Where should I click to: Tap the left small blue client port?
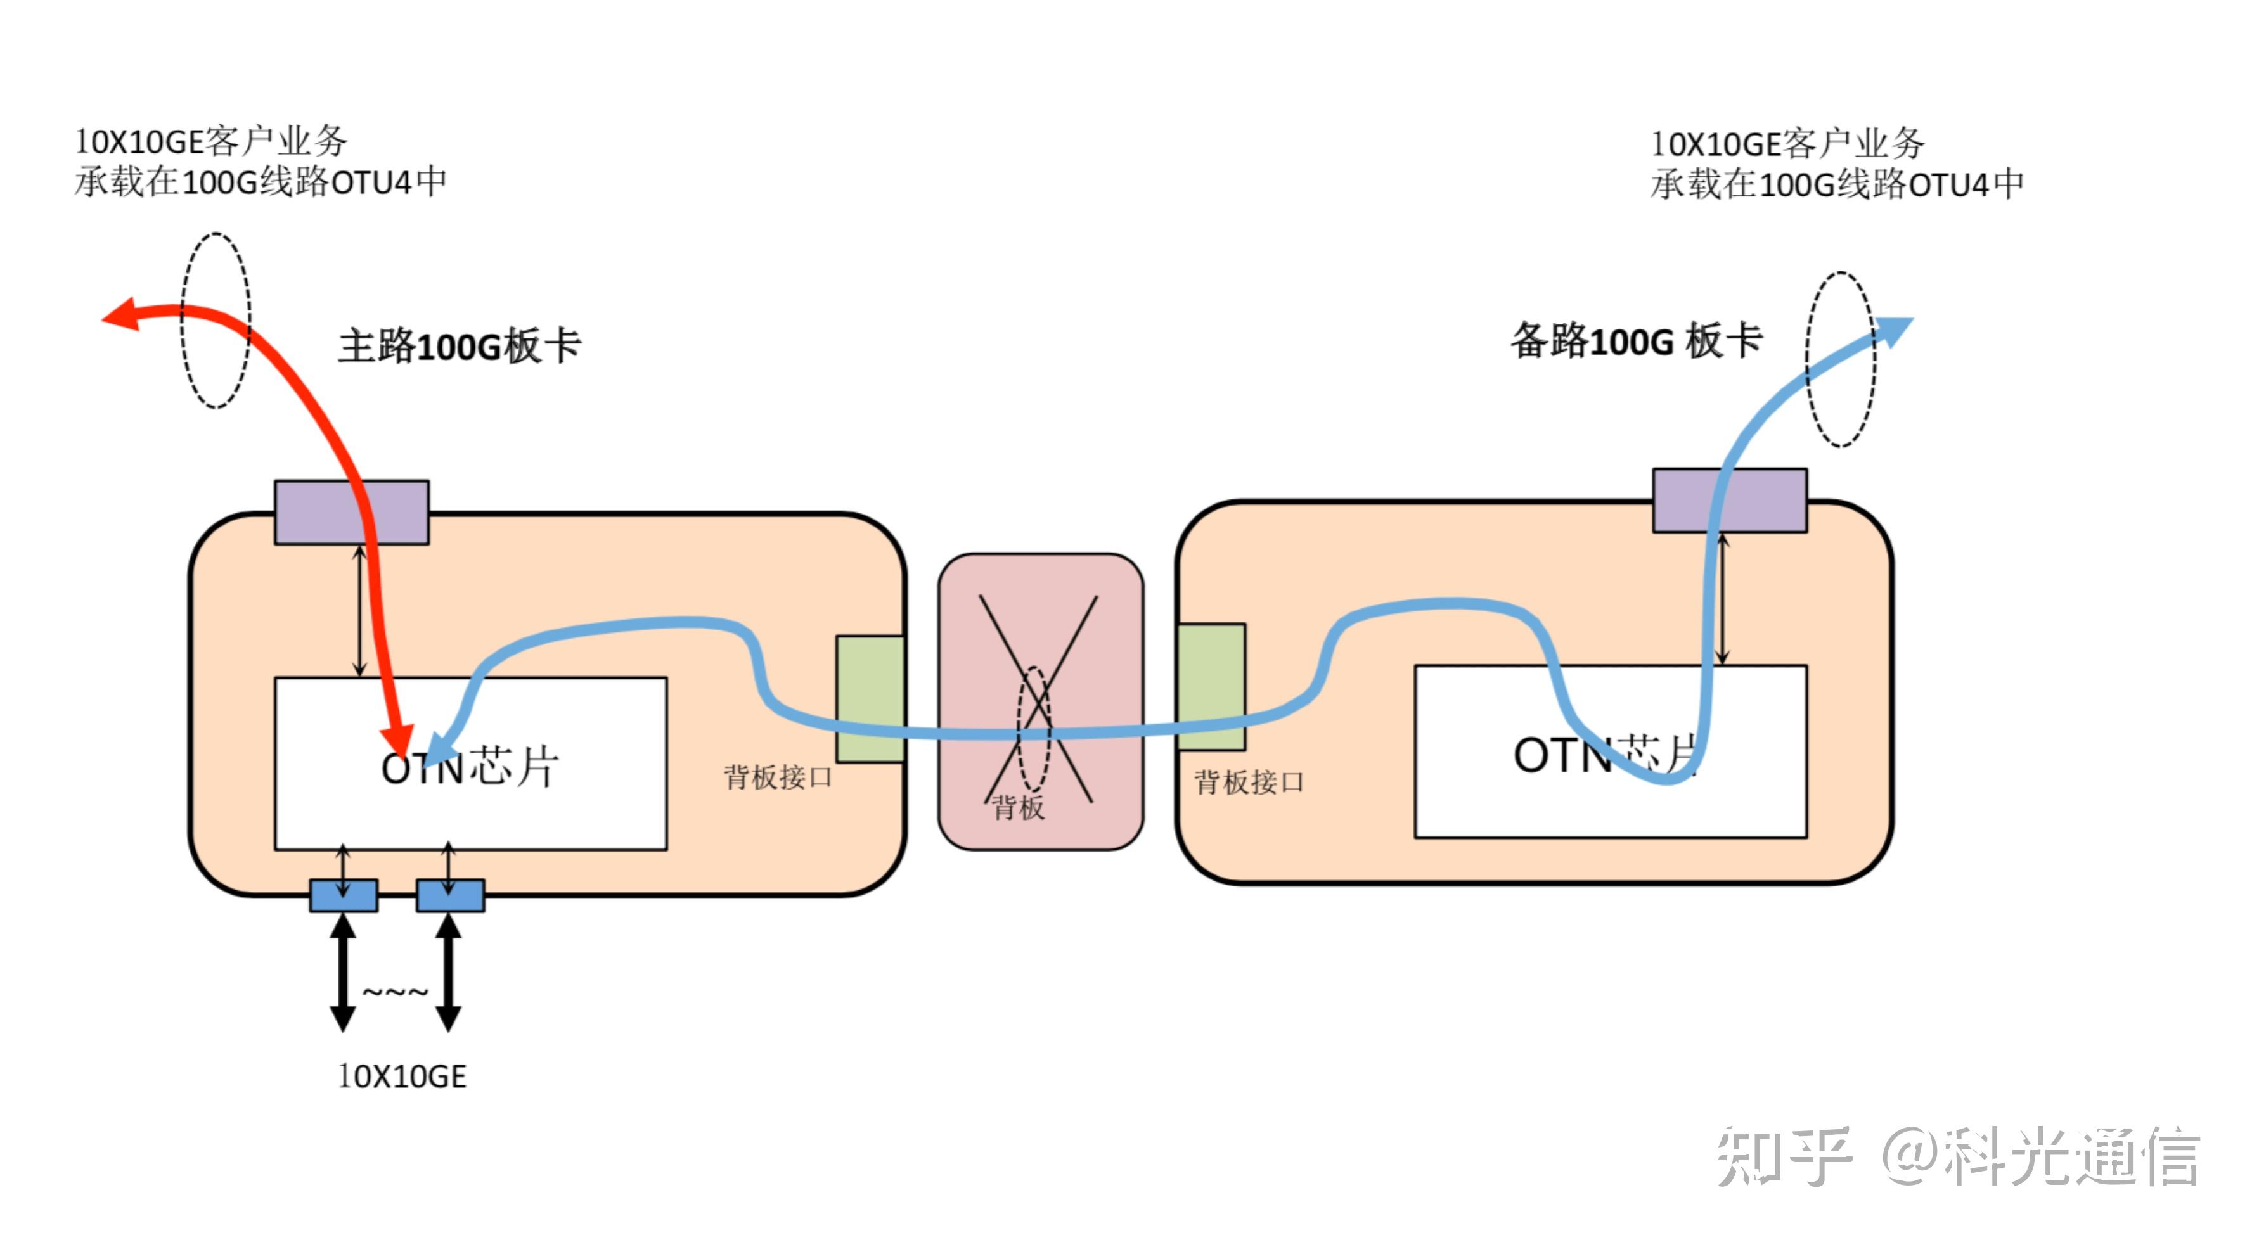(344, 895)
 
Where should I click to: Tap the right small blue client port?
(450, 895)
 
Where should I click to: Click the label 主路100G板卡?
(460, 345)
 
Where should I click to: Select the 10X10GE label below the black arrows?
(402, 1076)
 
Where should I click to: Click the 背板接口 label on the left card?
(778, 777)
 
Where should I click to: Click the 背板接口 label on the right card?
(1249, 782)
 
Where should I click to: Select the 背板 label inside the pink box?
(1019, 807)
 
